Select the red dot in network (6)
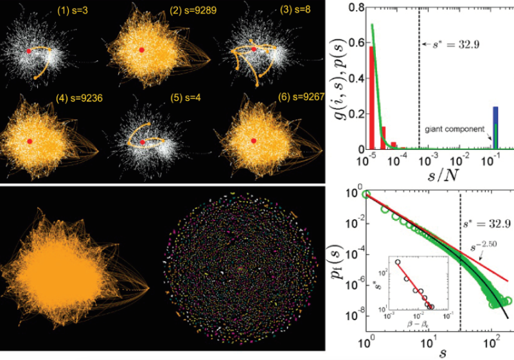(254, 140)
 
